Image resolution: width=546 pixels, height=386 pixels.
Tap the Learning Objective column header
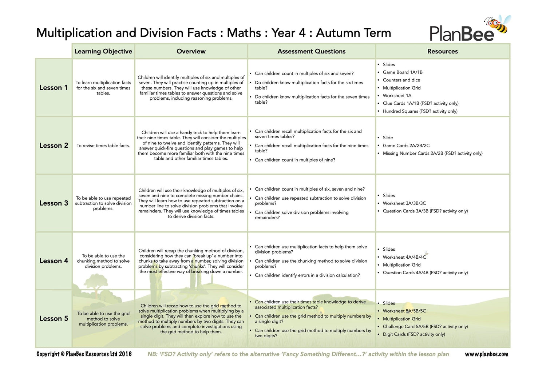pyautogui.click(x=103, y=51)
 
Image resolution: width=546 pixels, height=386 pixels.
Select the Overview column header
pyautogui.click(x=191, y=51)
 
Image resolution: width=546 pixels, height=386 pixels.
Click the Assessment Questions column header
pyautogui.click(x=311, y=51)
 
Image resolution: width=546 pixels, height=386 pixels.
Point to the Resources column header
pyautogui.click(x=442, y=51)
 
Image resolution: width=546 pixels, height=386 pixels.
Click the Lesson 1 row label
pyautogui.click(x=54, y=88)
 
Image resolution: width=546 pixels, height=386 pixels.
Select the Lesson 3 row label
pyautogui.click(x=54, y=203)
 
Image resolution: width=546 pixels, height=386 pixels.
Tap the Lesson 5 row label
pyautogui.click(x=54, y=319)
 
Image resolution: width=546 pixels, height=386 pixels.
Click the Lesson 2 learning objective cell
pyautogui.click(x=103, y=146)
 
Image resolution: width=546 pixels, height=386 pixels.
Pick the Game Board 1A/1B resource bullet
pyautogui.click(x=403, y=72)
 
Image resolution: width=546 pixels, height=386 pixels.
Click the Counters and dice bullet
pyautogui.click(x=401, y=80)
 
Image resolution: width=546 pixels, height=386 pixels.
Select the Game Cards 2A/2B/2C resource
pyautogui.click(x=406, y=146)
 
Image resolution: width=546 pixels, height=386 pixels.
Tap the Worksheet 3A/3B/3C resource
pyautogui.click(x=404, y=203)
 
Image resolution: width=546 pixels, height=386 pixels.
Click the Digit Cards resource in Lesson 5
pyautogui.click(x=414, y=334)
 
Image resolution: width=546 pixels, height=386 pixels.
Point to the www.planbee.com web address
pyautogui.click(x=486, y=354)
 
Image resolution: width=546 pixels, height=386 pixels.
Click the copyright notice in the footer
pyautogui.click(x=84, y=354)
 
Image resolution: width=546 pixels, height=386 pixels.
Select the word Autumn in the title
pyautogui.click(x=333, y=33)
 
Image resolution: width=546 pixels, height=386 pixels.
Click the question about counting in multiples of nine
pyautogui.click(x=295, y=160)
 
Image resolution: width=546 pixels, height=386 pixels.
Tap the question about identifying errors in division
pyautogui.click(x=307, y=275)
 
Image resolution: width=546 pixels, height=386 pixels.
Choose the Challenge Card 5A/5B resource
pyautogui.click(x=425, y=327)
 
